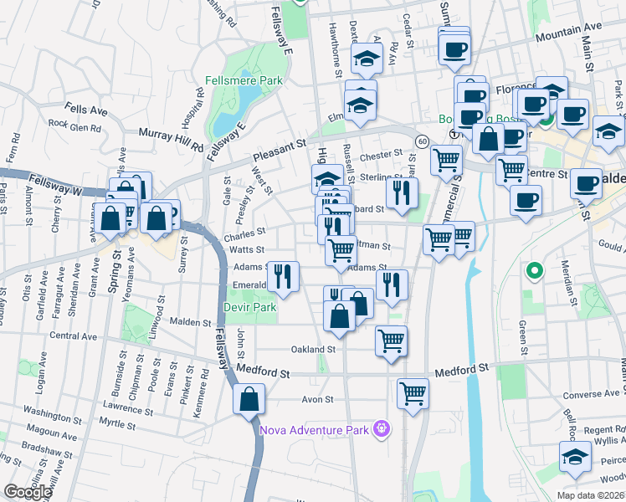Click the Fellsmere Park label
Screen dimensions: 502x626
(244, 82)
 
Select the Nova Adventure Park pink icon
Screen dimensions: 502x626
(382, 430)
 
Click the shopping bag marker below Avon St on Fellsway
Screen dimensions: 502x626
(249, 398)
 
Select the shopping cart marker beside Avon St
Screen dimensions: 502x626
(413, 392)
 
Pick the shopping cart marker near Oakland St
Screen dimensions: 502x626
(391, 341)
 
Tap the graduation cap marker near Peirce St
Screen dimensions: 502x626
(574, 457)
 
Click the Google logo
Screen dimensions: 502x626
(28, 492)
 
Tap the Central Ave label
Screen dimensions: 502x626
(75, 336)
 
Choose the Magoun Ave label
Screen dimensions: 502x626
(51, 436)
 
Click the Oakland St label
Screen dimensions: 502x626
(312, 349)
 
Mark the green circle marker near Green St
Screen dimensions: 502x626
(532, 271)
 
